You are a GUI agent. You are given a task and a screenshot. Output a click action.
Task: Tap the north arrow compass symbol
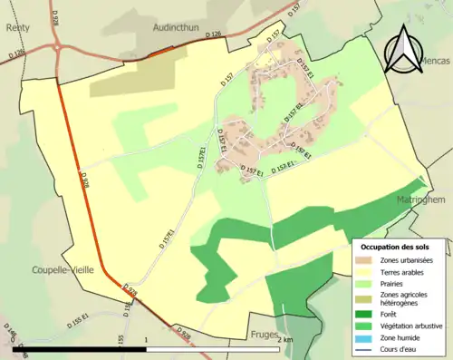pyautogui.click(x=404, y=51)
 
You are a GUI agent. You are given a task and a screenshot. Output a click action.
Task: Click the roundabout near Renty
pyautogui.click(x=57, y=47)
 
